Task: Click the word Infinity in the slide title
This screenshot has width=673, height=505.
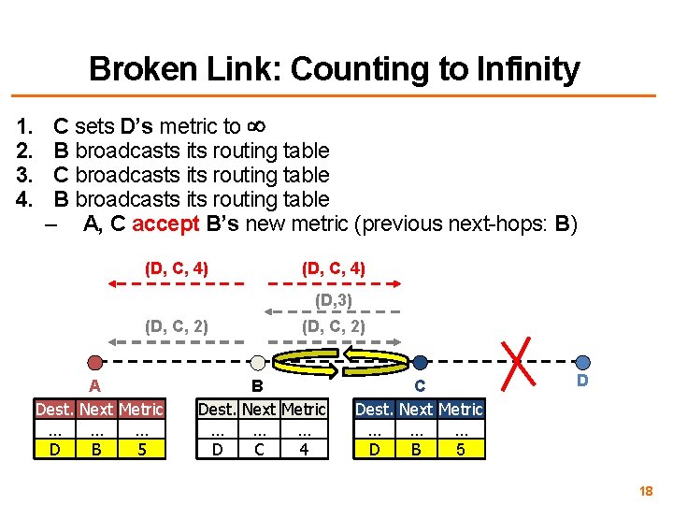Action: [x=527, y=69]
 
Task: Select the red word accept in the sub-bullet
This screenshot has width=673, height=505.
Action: [x=165, y=224]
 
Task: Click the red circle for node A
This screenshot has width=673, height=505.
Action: [x=94, y=363]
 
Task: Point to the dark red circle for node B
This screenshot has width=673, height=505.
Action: [x=257, y=363]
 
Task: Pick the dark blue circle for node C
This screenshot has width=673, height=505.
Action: [x=421, y=363]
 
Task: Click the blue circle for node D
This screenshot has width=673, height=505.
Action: [x=582, y=363]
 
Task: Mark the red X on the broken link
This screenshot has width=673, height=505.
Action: [x=517, y=361]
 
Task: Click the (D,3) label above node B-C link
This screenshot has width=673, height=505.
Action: [x=333, y=300]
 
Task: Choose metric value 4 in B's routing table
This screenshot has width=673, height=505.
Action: [x=304, y=450]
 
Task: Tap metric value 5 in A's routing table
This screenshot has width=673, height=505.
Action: [x=141, y=450]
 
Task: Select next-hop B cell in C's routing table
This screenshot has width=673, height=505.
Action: [x=416, y=450]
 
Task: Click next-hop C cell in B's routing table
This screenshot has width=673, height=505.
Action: [x=260, y=450]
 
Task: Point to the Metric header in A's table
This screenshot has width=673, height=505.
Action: [x=141, y=410]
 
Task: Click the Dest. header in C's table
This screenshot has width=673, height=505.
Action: [x=375, y=410]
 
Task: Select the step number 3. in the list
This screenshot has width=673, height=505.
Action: [x=24, y=175]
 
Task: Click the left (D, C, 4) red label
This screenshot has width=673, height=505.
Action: [x=177, y=268]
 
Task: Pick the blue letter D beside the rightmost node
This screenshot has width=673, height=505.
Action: [x=582, y=382]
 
